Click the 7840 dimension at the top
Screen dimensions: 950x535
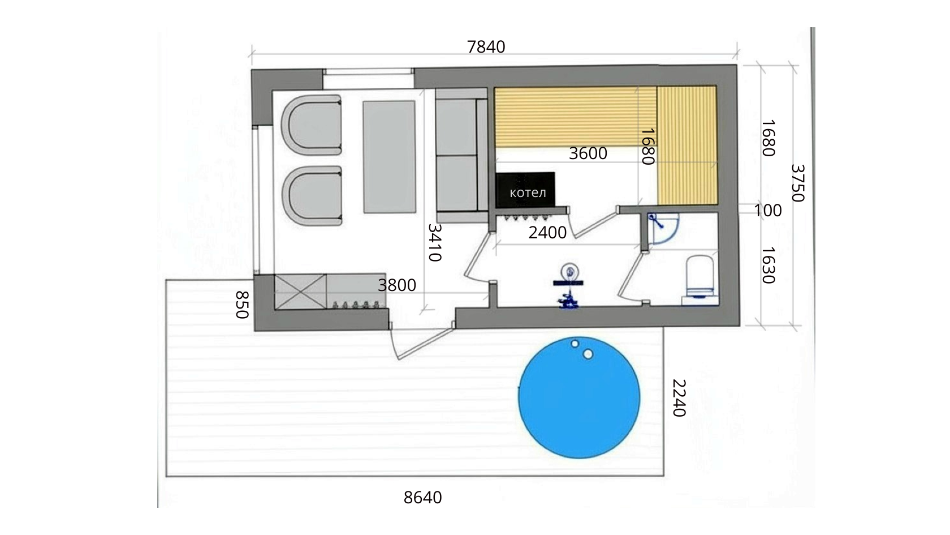[x=486, y=47]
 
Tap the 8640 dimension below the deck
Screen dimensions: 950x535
[x=422, y=498]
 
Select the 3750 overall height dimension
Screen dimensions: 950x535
[x=798, y=183]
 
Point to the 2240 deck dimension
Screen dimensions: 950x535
[x=679, y=398]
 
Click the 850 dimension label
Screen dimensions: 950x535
[x=242, y=305]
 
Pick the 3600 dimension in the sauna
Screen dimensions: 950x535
[x=588, y=153]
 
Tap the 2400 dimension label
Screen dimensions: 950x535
[x=547, y=233]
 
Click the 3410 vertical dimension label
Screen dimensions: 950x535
[x=435, y=242]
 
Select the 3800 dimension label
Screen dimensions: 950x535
[x=397, y=285]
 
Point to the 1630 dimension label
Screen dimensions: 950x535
[x=768, y=266]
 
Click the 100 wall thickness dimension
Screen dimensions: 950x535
[x=768, y=211]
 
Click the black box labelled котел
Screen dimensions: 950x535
[x=525, y=190]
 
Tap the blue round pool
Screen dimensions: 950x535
[x=579, y=397]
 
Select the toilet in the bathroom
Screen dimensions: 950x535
[x=700, y=280]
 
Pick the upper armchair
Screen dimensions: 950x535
[x=311, y=125]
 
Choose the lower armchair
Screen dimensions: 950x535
[x=312, y=196]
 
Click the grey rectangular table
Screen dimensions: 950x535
[x=389, y=157]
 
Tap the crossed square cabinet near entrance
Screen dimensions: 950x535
[x=301, y=292]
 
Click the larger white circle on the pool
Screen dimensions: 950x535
[x=588, y=354]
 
